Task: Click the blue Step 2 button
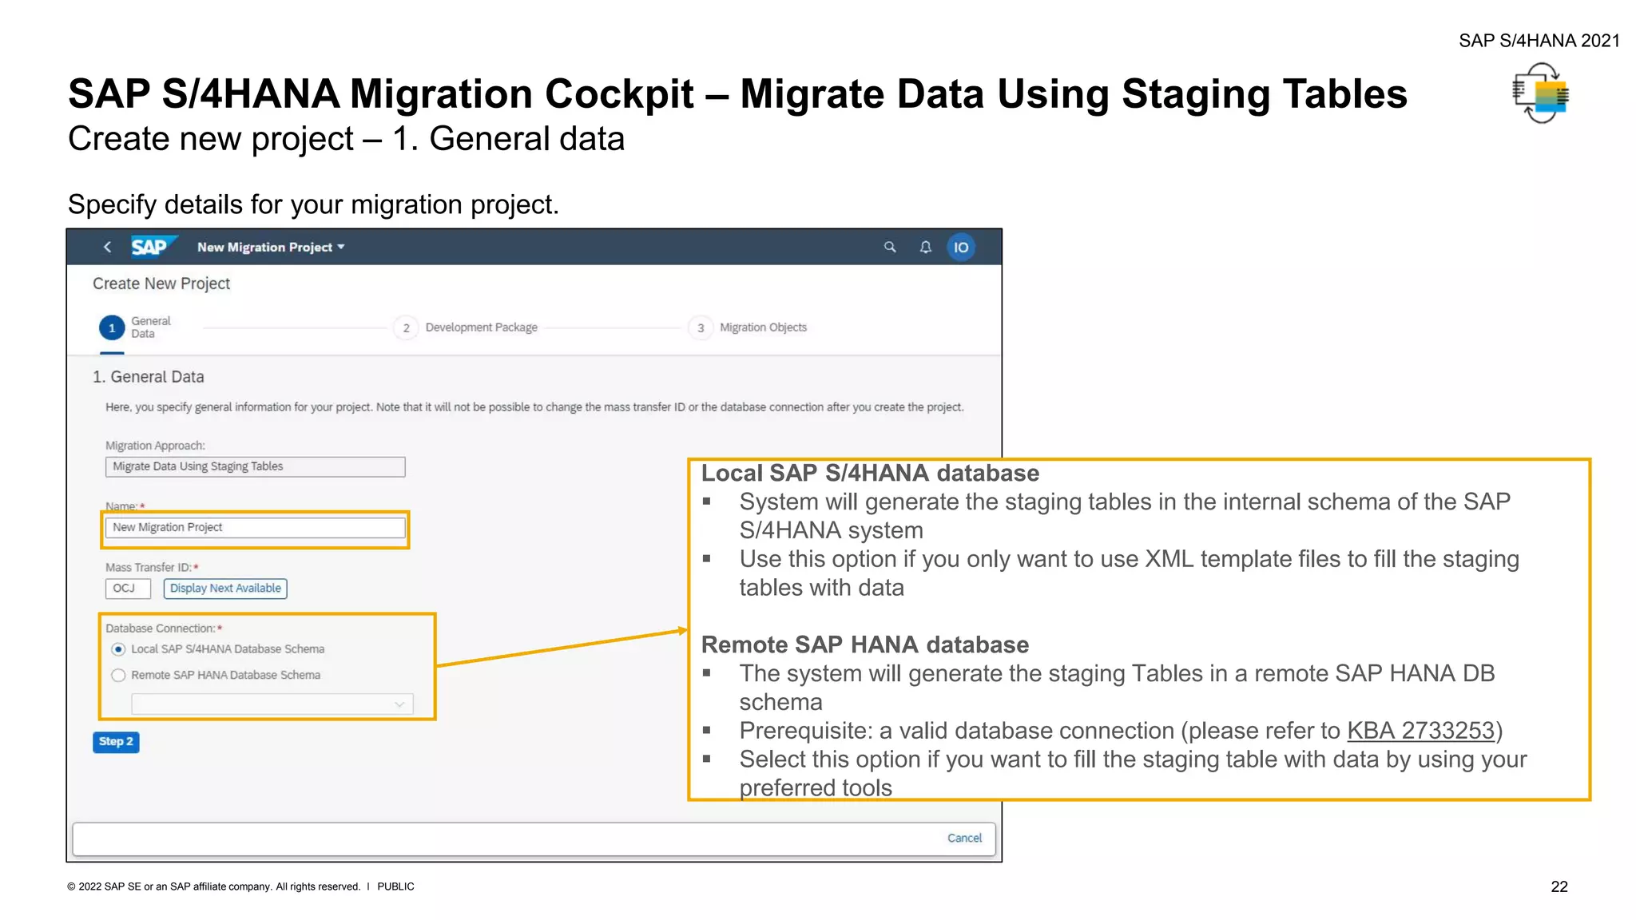pyautogui.click(x=116, y=742)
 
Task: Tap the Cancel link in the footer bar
pyautogui.click(x=964, y=838)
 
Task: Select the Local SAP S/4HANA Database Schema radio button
pyautogui.click(x=119, y=649)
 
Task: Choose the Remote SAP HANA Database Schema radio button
pyautogui.click(x=119, y=676)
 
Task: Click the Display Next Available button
pyautogui.click(x=225, y=589)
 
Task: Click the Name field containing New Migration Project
pyautogui.click(x=255, y=528)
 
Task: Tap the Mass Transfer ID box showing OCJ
pyautogui.click(x=128, y=589)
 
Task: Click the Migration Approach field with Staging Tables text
pyautogui.click(x=255, y=466)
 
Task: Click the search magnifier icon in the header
pyautogui.click(x=890, y=248)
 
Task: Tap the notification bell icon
pyautogui.click(x=926, y=248)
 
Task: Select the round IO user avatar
pyautogui.click(x=961, y=248)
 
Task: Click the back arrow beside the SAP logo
pyautogui.click(x=108, y=248)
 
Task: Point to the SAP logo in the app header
pyautogui.click(x=150, y=247)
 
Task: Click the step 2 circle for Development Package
pyautogui.click(x=406, y=328)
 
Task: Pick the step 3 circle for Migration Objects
pyautogui.click(x=701, y=328)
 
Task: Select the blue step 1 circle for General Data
pyautogui.click(x=112, y=328)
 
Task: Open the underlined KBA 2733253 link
pyautogui.click(x=1420, y=731)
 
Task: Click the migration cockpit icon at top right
pyautogui.click(x=1541, y=94)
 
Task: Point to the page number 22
pyautogui.click(x=1559, y=886)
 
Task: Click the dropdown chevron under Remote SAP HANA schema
pyautogui.click(x=399, y=704)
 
